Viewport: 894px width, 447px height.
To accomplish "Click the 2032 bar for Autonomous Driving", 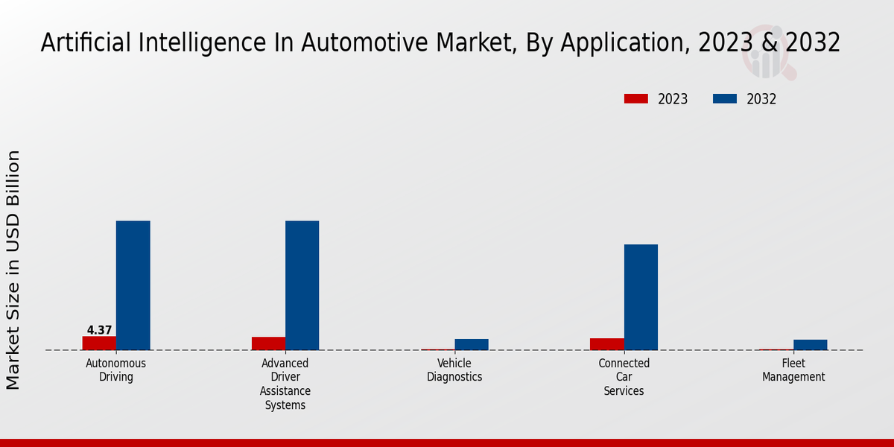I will (x=133, y=285).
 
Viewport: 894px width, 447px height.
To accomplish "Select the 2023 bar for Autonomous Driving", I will (x=99, y=343).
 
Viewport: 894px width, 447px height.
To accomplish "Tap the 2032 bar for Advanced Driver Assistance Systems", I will (x=302, y=285).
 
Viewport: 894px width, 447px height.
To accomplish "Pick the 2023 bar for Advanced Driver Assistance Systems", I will (x=268, y=343).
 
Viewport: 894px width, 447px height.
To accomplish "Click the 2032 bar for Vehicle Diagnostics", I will (x=472, y=344).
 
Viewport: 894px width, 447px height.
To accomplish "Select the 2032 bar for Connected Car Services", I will (x=641, y=297).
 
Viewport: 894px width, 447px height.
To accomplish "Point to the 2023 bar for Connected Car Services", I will (x=607, y=344).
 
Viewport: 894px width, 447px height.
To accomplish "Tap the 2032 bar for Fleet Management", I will (x=810, y=345).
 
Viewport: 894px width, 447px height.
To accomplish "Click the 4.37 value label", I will (x=99, y=330).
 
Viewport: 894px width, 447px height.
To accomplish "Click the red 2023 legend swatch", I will (x=635, y=99).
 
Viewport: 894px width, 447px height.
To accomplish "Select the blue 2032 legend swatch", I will (x=725, y=99).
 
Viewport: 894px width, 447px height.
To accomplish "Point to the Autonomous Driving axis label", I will (x=116, y=370).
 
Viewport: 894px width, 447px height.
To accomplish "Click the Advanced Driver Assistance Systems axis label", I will (x=285, y=384).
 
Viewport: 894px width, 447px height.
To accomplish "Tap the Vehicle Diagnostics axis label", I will (x=454, y=370).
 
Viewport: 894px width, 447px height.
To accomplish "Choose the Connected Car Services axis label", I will (x=624, y=377).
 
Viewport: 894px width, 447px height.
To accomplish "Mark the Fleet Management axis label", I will (x=793, y=370).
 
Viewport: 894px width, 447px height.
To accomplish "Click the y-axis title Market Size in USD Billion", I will (x=13, y=270).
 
